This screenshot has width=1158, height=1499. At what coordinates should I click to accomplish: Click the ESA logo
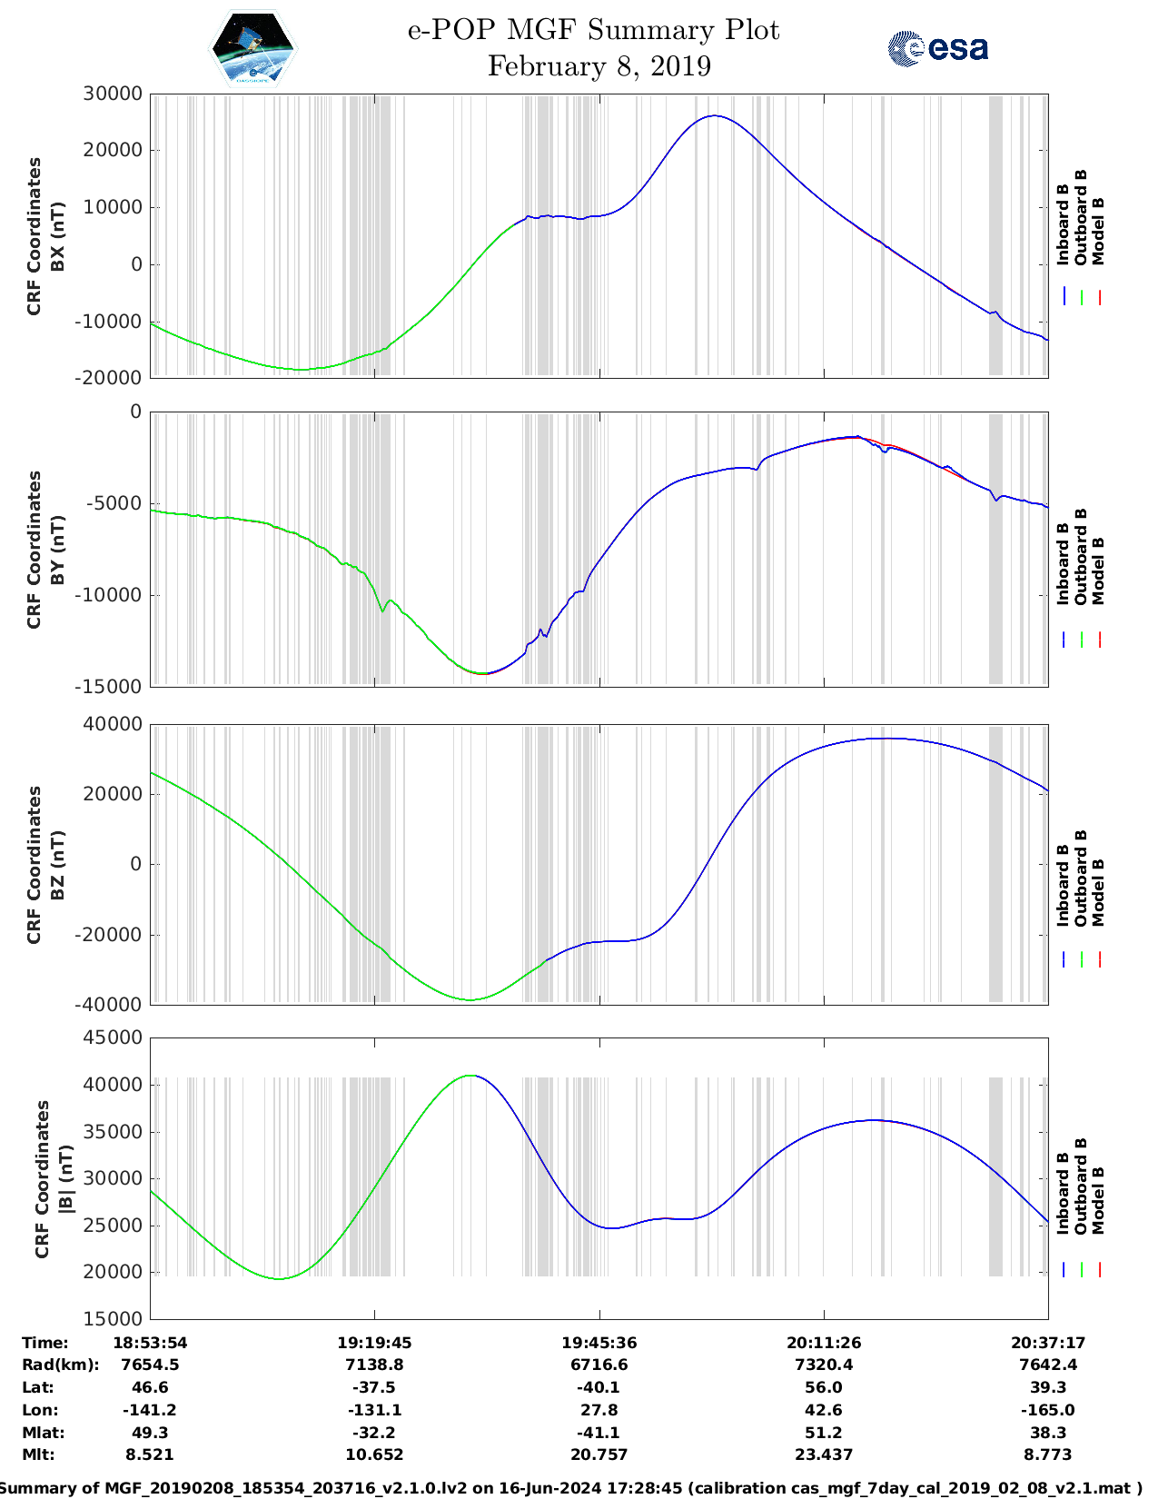937,48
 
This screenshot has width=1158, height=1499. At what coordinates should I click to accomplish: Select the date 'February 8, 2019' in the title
599,66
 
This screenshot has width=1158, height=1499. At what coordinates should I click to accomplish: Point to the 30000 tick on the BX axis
112,94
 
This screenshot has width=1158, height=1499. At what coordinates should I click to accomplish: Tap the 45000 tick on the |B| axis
112,1037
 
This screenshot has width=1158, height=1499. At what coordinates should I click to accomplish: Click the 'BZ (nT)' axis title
57,865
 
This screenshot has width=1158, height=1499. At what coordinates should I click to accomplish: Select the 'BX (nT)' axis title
57,236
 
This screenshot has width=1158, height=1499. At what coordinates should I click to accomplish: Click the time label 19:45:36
599,1343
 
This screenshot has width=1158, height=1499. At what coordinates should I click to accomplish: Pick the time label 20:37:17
1048,1343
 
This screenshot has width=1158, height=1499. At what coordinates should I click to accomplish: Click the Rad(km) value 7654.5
150,1365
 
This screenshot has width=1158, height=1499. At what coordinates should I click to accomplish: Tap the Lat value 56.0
824,1387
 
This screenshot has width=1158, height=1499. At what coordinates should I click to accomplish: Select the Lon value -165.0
1048,1410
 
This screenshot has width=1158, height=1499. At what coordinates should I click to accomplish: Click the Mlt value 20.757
599,1454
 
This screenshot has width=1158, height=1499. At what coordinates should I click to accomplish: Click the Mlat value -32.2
374,1433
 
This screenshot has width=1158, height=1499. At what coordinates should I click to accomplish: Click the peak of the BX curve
716,115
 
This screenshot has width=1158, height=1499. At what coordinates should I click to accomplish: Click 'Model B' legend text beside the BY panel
1098,571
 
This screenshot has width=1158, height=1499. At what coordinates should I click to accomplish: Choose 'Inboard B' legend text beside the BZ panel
1064,886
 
